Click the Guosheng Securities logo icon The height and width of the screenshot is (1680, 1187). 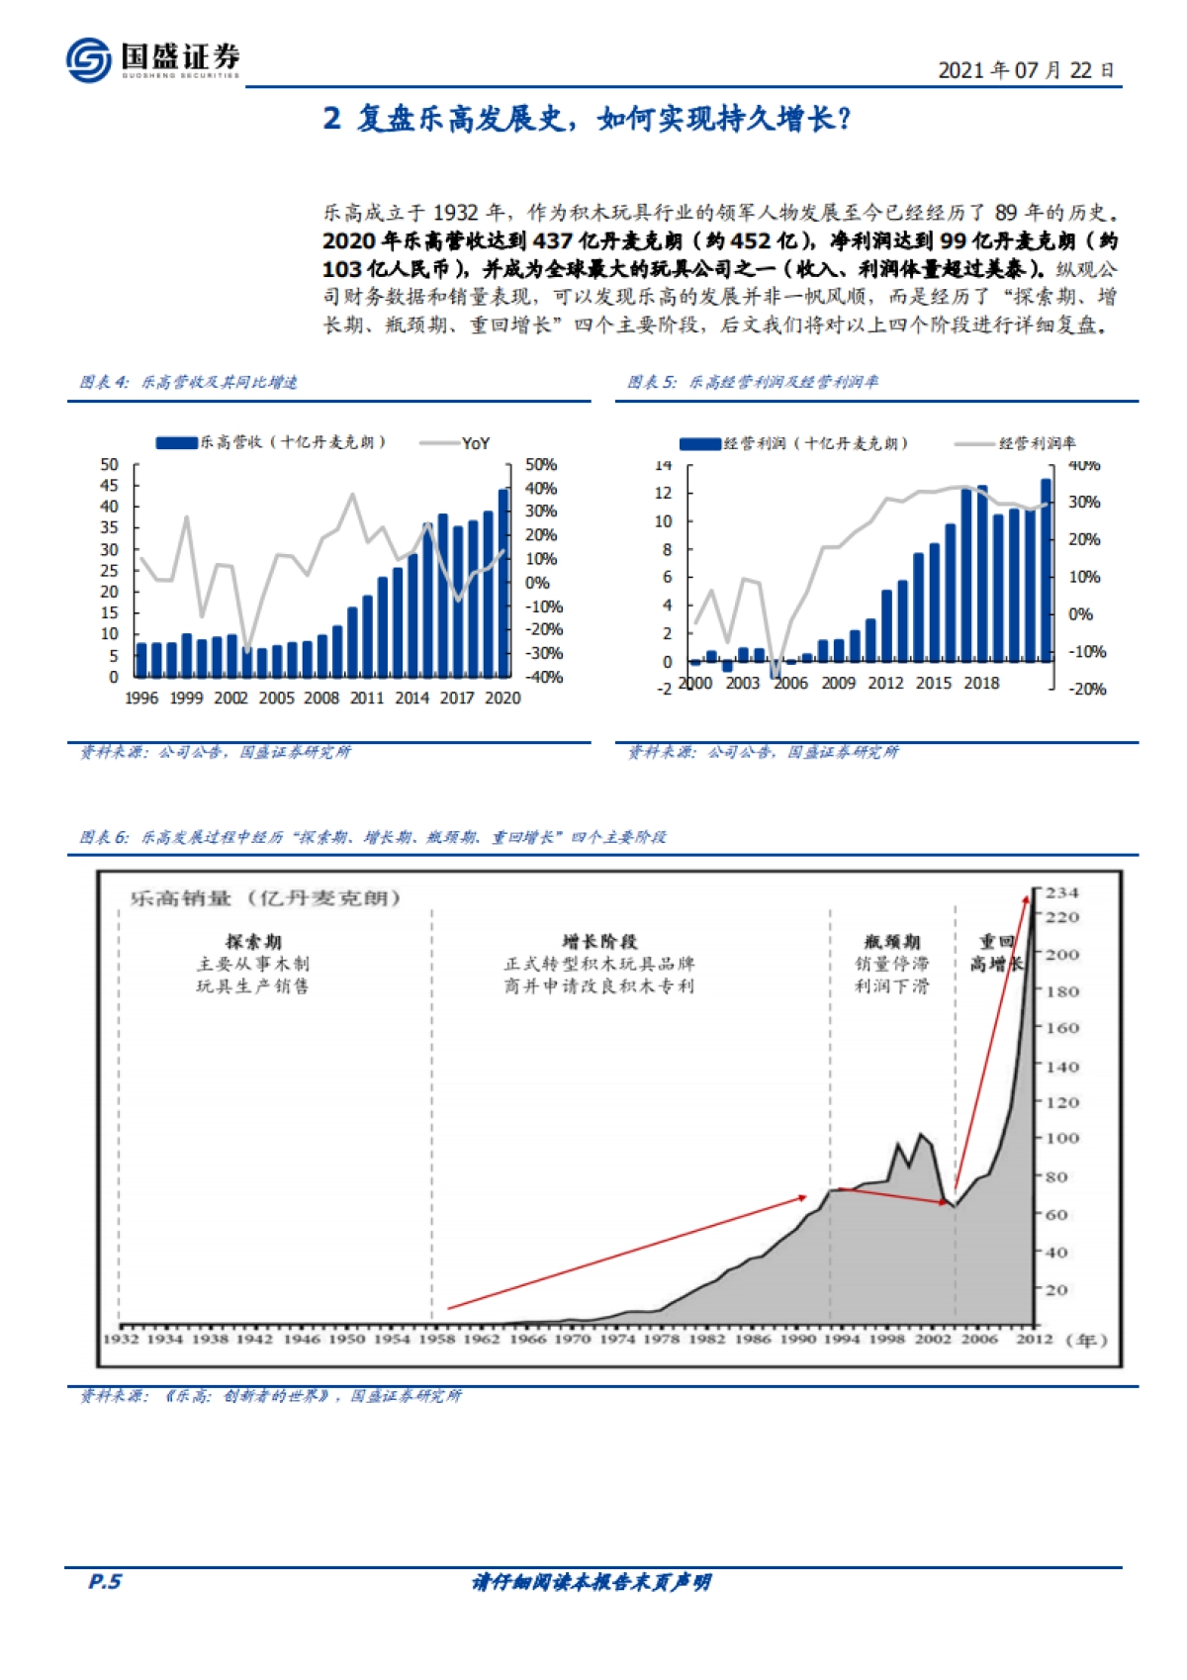tap(88, 59)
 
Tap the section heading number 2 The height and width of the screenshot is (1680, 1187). tap(332, 119)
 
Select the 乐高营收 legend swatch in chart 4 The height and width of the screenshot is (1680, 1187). tap(177, 442)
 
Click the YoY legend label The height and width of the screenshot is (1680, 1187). tap(476, 443)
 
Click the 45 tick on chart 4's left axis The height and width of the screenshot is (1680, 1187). tap(109, 485)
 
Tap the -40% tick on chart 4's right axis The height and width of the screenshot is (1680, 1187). tap(544, 677)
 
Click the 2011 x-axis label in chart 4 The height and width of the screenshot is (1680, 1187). tap(367, 698)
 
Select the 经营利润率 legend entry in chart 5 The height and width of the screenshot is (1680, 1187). tap(1037, 443)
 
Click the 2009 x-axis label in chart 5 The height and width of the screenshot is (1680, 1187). tap(838, 683)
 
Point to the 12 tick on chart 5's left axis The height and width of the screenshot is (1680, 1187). tap(663, 493)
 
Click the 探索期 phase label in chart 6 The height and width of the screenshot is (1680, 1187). tap(253, 941)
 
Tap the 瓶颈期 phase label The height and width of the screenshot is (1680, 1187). tap(892, 941)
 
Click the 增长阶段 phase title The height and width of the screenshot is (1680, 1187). tap(599, 941)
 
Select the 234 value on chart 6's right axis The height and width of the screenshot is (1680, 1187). tap(1062, 892)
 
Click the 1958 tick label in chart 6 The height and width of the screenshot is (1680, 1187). tap(436, 1339)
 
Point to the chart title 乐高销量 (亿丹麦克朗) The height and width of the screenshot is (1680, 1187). tap(265, 898)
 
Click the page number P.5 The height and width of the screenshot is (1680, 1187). tap(105, 1581)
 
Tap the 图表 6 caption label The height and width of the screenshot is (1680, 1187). tap(104, 837)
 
